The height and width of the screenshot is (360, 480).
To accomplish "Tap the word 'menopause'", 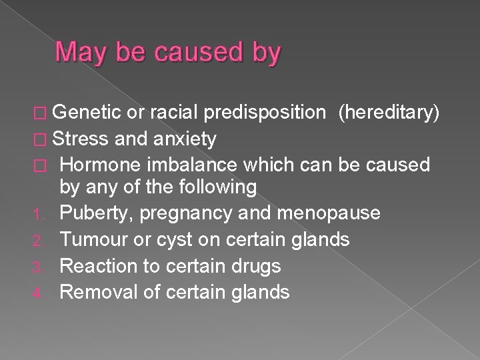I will pos(323,213).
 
